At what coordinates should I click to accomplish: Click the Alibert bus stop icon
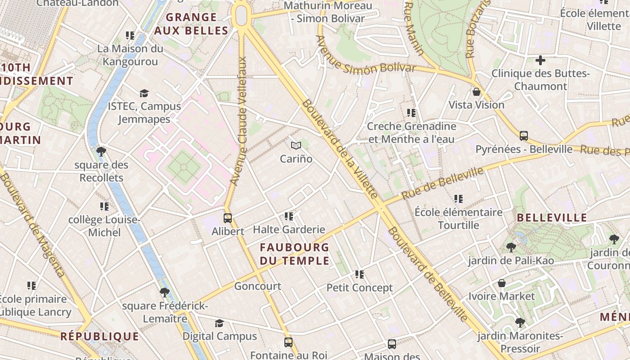click(228, 218)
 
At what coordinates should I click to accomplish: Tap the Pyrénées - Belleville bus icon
click(523, 135)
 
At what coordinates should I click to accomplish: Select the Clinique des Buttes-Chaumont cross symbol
click(540, 60)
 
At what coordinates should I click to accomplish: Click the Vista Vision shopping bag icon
click(477, 92)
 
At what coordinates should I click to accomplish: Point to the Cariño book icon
click(296, 145)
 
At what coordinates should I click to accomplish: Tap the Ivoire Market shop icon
click(502, 283)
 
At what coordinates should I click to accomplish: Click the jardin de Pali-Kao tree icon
click(511, 247)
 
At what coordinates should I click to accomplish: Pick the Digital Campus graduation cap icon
click(219, 323)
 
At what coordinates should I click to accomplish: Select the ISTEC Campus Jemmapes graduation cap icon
click(144, 93)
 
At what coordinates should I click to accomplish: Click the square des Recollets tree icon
click(101, 151)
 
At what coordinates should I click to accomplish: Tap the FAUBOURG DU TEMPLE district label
click(295, 254)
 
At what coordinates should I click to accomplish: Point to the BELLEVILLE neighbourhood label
click(552, 218)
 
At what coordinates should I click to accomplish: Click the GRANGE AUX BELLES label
click(191, 24)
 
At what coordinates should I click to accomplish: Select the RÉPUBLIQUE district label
click(100, 336)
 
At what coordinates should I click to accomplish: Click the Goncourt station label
click(257, 286)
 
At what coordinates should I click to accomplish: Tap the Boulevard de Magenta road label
click(31, 225)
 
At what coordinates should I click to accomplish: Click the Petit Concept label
click(360, 288)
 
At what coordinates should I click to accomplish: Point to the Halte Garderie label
click(289, 229)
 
